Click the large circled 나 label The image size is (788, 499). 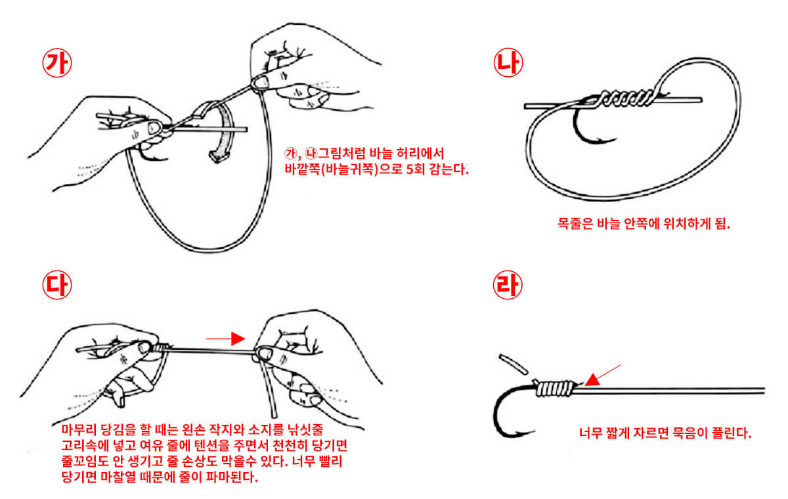click(507, 63)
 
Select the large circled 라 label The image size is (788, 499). click(507, 284)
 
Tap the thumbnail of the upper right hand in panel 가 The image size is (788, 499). click(263, 81)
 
